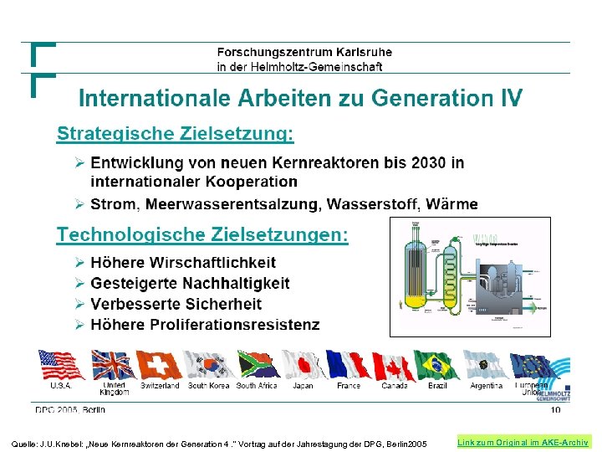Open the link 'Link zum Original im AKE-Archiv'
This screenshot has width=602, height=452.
tap(523, 442)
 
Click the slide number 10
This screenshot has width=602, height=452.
tap(555, 410)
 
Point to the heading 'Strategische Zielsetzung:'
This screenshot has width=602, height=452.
tap(176, 133)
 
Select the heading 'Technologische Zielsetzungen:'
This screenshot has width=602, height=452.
tap(202, 234)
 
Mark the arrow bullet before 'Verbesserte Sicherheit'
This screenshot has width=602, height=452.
tap(79, 304)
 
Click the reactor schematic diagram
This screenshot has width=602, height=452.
tap(470, 276)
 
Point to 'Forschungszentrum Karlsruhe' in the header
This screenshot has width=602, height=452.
tap(304, 52)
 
